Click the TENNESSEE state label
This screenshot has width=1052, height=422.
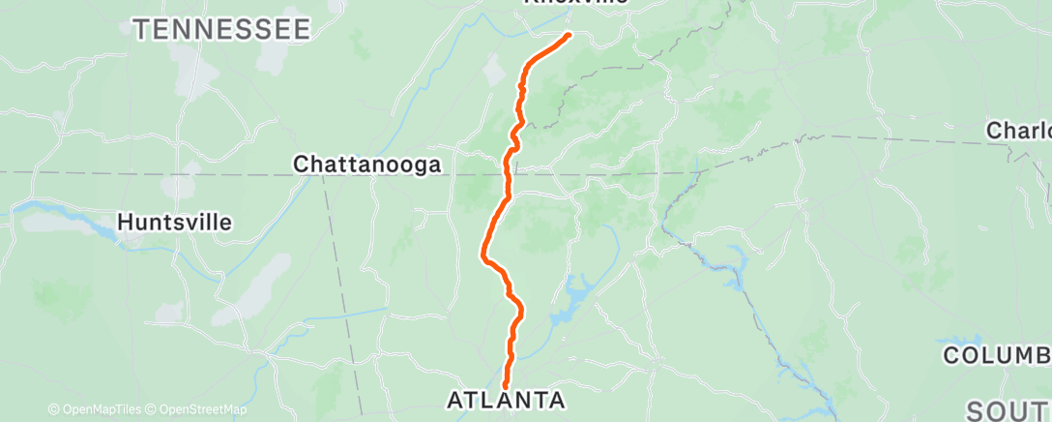[222, 30]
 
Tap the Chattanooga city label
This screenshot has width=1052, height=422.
[367, 165]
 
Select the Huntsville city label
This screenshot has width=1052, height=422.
[174, 223]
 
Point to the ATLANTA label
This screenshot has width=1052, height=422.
[506, 400]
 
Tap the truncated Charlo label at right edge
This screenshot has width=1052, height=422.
[1018, 130]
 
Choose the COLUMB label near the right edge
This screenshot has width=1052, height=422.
[997, 356]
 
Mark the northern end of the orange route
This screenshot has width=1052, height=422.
[569, 35]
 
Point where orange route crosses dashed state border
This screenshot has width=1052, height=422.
[506, 174]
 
